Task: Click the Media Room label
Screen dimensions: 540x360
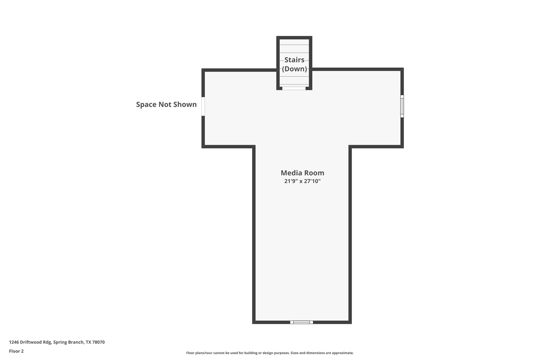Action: point(302,173)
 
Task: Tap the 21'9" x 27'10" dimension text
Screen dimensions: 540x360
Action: point(302,181)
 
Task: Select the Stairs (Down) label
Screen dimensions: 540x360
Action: point(295,64)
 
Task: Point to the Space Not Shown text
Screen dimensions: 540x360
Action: point(166,104)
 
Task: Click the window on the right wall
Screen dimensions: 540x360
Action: point(402,106)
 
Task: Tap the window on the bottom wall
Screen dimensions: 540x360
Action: point(302,322)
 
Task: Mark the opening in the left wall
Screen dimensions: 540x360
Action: point(203,106)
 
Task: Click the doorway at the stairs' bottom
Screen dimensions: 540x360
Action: point(294,88)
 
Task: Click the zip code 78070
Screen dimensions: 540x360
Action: point(98,342)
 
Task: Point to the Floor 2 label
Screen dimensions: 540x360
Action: point(16,351)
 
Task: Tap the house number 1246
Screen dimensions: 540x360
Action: point(14,342)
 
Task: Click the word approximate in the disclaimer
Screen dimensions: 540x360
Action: point(343,353)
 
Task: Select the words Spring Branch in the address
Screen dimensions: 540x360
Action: point(69,342)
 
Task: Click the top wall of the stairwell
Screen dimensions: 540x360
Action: point(294,38)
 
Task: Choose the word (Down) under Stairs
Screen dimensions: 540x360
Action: point(295,69)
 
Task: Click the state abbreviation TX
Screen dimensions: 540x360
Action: point(88,342)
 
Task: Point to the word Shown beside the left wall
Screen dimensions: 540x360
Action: point(185,104)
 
